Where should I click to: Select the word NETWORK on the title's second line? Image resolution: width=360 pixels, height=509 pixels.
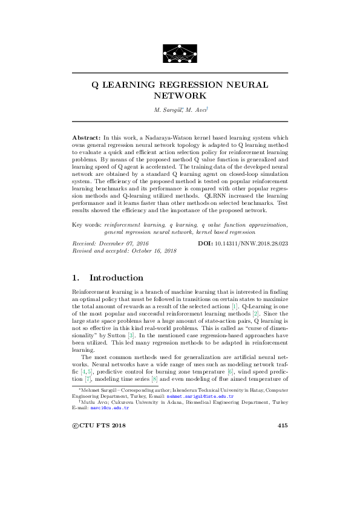pyautogui.click(x=180, y=96)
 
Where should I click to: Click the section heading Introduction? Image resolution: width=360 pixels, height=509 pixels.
pyautogui.click(x=116, y=278)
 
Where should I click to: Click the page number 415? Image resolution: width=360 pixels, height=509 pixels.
pyautogui.click(x=282, y=426)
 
